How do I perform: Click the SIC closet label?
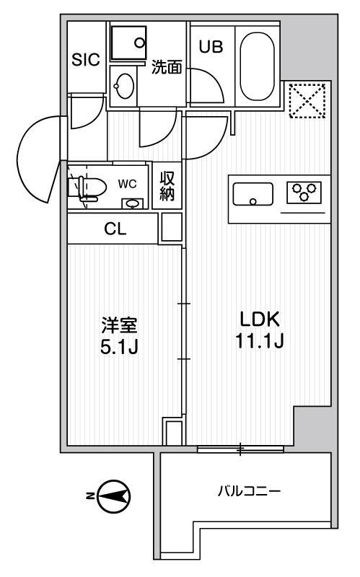coord(86,60)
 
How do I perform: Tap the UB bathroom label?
coord(211,47)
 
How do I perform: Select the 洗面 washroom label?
coord(167,66)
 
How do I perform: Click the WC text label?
coord(128,184)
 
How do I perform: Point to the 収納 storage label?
coord(167,187)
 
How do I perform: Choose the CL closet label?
coord(115,229)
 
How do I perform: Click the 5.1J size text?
coord(119,347)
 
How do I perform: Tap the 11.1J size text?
coord(260,340)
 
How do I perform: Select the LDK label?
coord(260,319)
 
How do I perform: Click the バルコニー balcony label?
coord(250,491)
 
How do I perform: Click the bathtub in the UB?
coord(258,66)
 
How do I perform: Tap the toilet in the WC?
coord(88,188)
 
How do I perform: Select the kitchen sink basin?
coord(253,194)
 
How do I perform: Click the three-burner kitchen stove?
coord(304,192)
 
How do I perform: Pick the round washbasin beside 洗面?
coord(123,86)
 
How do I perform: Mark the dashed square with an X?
coord(307,101)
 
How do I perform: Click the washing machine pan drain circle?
coord(139,43)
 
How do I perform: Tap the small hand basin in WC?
coord(132,203)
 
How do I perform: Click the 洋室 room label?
coord(119,325)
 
